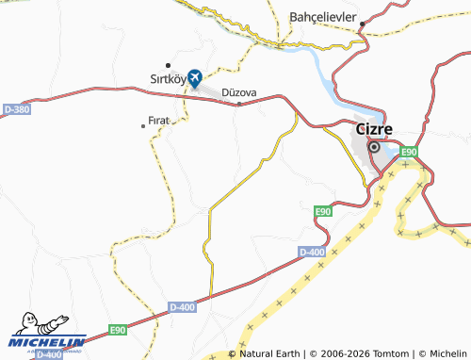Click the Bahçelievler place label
point(321,18)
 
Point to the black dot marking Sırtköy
point(167,65)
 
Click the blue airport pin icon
point(194,77)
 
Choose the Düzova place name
point(238,92)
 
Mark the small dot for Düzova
point(238,105)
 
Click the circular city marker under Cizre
point(374,147)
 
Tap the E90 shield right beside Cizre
point(408,152)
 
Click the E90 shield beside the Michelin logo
point(118,329)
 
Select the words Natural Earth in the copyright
point(271,353)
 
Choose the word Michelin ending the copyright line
point(442,353)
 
